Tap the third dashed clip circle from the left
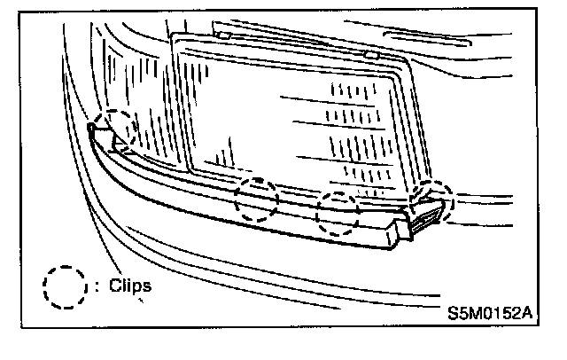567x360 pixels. tap(339, 213)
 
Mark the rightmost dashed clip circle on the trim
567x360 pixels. tap(433, 202)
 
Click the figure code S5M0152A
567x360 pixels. tap(491, 313)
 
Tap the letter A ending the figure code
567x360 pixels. tap(529, 313)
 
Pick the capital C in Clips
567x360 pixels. tap(116, 286)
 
